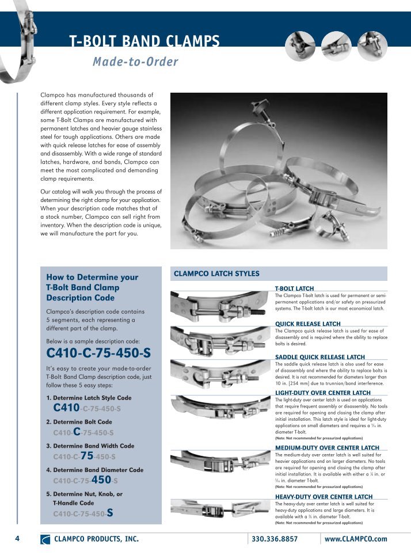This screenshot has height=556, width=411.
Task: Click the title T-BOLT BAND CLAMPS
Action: [144, 41]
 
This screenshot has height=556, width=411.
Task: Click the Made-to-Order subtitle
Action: [135, 62]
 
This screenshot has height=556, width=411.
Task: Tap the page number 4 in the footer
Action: [17, 539]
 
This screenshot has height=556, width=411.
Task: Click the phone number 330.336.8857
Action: [275, 539]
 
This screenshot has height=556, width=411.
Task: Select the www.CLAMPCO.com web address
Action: [355, 539]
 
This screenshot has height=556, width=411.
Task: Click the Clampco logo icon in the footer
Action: [45, 540]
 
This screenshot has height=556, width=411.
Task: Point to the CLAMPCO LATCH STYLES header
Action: [216, 273]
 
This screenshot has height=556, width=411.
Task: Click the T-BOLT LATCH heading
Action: [294, 288]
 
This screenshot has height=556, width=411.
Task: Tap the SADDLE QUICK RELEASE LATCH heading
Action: [320, 357]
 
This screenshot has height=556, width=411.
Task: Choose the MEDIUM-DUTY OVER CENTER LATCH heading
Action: [327, 447]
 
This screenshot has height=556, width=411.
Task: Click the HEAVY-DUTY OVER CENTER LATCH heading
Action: [324, 496]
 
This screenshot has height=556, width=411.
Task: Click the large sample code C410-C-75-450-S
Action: [98, 353]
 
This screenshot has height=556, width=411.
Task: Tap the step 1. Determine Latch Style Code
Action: [89, 398]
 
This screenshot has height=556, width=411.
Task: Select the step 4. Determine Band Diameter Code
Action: [94, 470]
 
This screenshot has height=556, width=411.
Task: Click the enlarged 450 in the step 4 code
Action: [101, 479]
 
